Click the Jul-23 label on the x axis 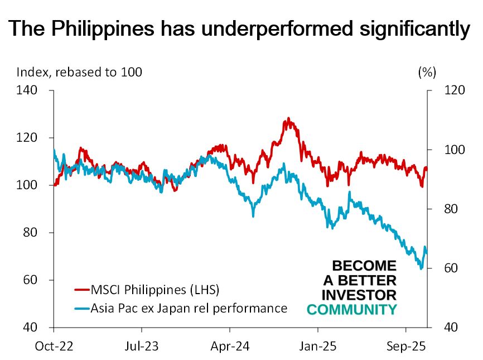coord(142,345)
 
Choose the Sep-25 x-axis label coord(405,345)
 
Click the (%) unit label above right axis coord(427,72)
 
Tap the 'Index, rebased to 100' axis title coord(79,72)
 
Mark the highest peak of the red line coord(288,118)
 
